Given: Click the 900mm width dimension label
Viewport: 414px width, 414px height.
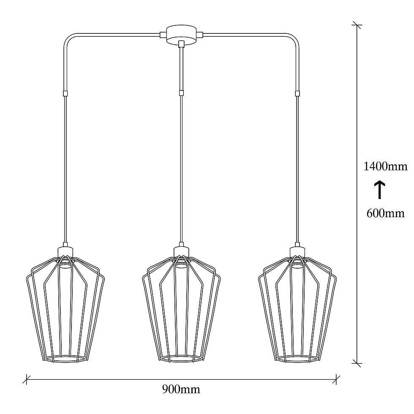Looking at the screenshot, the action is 181,389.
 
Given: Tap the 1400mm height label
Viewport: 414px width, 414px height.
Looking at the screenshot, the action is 385,166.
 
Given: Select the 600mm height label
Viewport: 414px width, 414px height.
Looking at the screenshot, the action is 385,213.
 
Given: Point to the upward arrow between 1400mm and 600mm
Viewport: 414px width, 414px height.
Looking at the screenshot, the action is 380,190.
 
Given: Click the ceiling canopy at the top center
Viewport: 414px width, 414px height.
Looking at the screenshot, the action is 181,35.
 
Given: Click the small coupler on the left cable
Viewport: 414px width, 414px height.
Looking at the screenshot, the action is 65,93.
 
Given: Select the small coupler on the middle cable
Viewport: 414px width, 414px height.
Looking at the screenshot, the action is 181,93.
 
